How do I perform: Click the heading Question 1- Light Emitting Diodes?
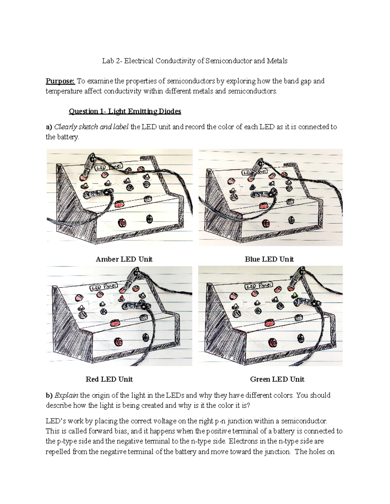click(x=125, y=111)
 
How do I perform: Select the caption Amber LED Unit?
click(x=124, y=259)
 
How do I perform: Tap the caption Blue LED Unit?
click(x=269, y=259)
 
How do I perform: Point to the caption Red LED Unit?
click(x=109, y=379)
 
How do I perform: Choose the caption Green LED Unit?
click(x=277, y=379)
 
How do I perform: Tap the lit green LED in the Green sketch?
click(x=294, y=295)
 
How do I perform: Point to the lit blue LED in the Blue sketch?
click(x=252, y=187)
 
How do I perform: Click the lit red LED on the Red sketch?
click(x=122, y=298)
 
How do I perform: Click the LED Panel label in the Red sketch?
click(x=101, y=287)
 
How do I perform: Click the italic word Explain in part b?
click(x=66, y=395)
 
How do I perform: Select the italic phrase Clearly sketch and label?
click(x=91, y=127)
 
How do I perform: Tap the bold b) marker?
click(x=49, y=395)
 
